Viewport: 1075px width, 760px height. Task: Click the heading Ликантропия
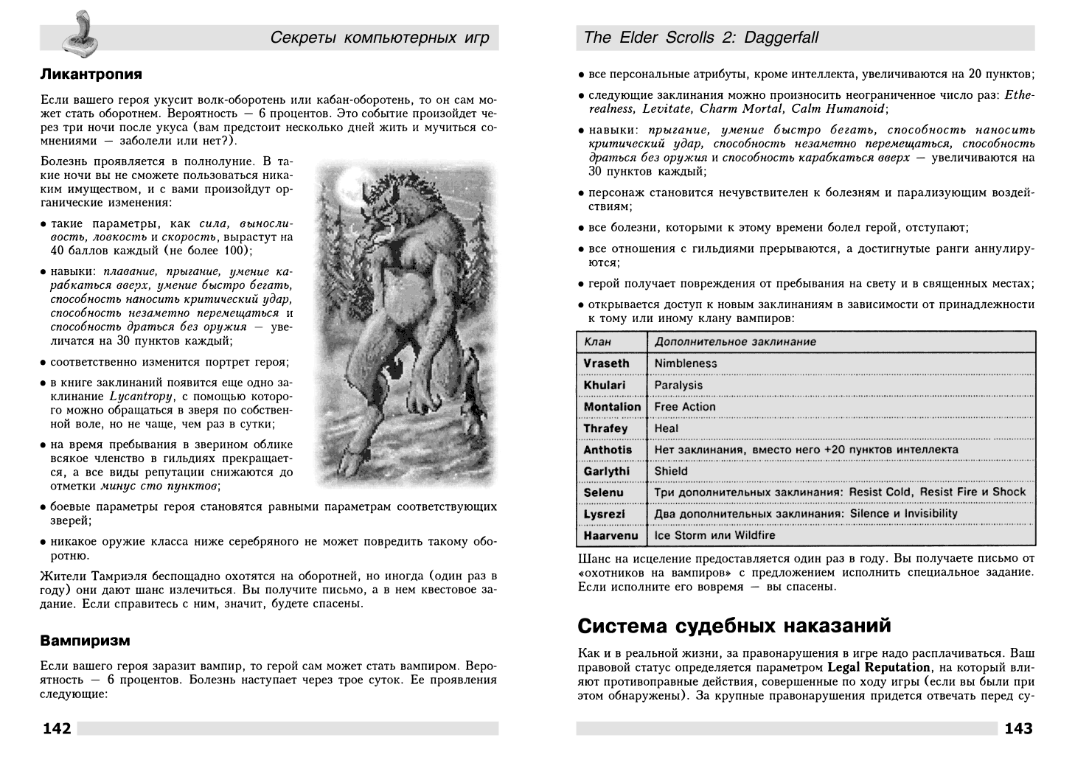pyautogui.click(x=91, y=74)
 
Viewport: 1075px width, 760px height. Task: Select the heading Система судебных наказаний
pyautogui.click(x=734, y=626)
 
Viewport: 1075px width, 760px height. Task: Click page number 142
pyautogui.click(x=57, y=729)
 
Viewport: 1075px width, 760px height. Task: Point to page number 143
pyautogui.click(x=1018, y=729)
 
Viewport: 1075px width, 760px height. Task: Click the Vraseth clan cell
pyautogui.click(x=606, y=363)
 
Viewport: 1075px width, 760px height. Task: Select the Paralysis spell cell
pyautogui.click(x=678, y=385)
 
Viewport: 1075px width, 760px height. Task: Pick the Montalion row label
pyautogui.click(x=612, y=407)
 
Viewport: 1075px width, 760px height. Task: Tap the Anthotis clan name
pyautogui.click(x=608, y=450)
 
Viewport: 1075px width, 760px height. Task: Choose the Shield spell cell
pyautogui.click(x=670, y=471)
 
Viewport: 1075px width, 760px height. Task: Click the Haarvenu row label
pyautogui.click(x=610, y=535)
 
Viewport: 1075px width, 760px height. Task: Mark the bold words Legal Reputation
pyautogui.click(x=878, y=668)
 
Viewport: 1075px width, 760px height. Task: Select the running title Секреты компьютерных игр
pyautogui.click(x=380, y=38)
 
